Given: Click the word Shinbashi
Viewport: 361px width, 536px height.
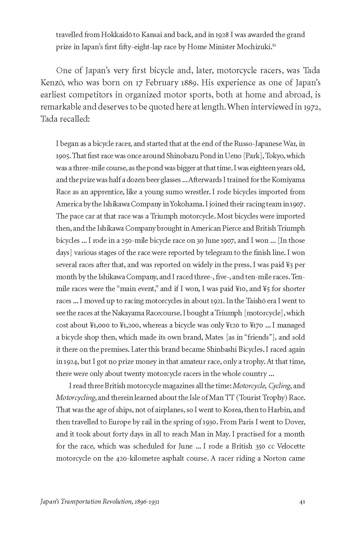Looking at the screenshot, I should tap(221, 350).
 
